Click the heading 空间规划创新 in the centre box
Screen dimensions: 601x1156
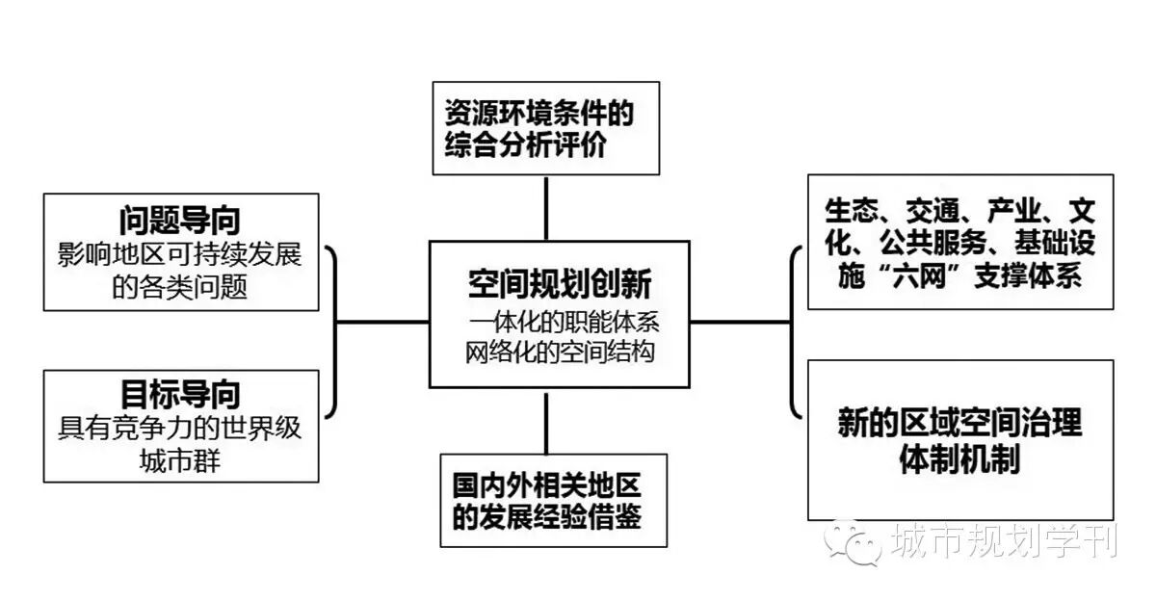pos(560,283)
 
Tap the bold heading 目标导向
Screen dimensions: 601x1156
pos(180,394)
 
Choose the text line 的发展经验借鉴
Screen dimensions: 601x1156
pos(547,516)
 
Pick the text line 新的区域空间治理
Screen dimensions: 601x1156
pos(959,423)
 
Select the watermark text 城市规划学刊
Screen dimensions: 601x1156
pos(1004,540)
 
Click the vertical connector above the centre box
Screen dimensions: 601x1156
pos(546,207)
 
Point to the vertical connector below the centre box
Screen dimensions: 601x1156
pos(546,423)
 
